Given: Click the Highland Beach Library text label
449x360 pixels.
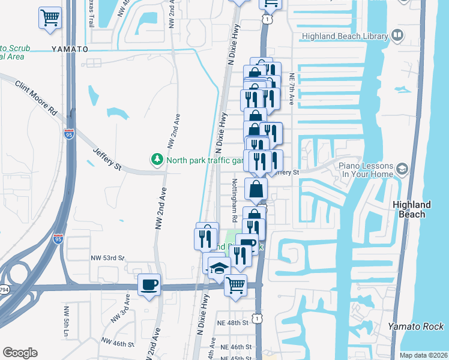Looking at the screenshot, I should (x=345, y=36).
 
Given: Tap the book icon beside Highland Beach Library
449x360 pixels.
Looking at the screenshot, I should (x=397, y=35).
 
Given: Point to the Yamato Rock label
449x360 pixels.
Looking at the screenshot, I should (x=415, y=326).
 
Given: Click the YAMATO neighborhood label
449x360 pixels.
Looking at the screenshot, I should (x=70, y=49).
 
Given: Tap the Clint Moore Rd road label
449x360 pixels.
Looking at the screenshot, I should (x=36, y=99).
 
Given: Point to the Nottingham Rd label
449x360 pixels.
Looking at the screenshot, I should (x=235, y=200).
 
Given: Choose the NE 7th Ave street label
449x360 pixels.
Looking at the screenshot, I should (x=292, y=91).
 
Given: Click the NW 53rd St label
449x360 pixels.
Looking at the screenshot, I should (x=107, y=258).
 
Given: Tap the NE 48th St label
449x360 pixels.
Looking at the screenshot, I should (x=234, y=323).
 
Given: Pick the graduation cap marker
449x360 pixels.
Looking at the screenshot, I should (x=220, y=268).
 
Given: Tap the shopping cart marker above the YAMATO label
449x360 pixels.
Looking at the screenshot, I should (x=50, y=17).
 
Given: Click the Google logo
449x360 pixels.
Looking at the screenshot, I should (x=20, y=353).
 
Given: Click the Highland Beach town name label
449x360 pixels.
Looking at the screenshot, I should (x=412, y=209).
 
